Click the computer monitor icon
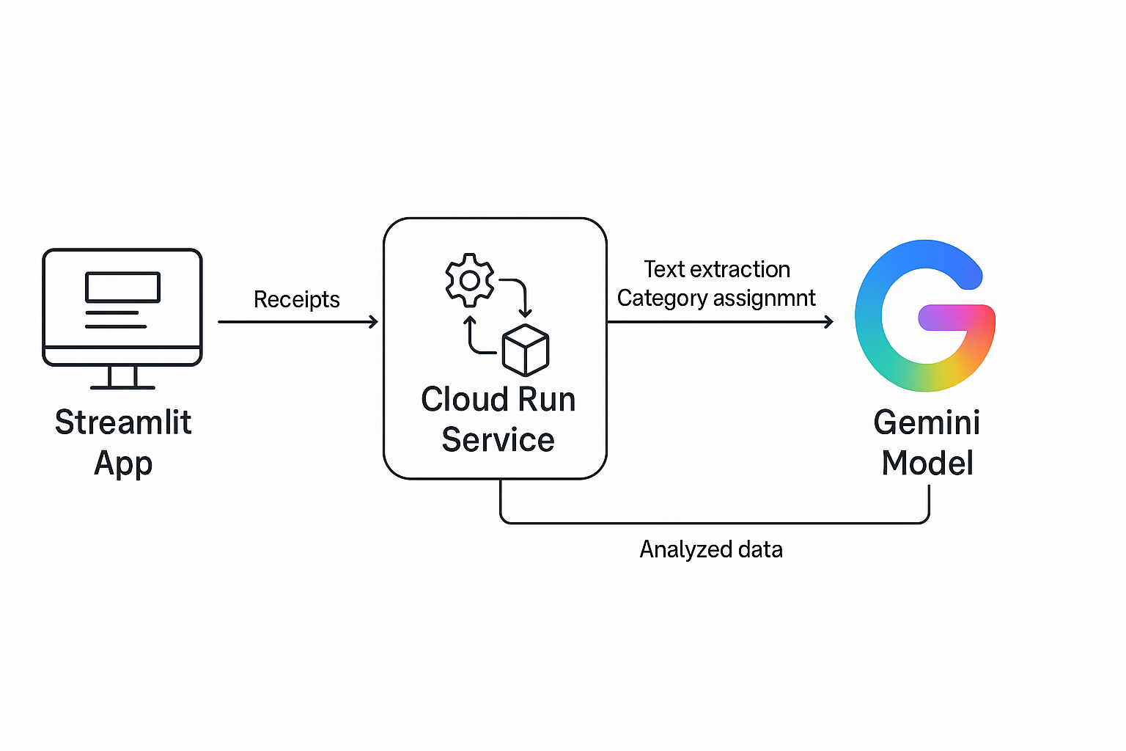coord(122,308)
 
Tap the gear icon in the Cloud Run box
coord(470,280)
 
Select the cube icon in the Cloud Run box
coord(526,349)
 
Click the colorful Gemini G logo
coord(924,315)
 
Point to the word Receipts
coord(296,299)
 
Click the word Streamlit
coord(123,423)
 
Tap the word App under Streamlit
coord(123,464)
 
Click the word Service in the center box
coord(498,440)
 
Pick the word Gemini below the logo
coord(927,423)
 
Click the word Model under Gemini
coord(927,464)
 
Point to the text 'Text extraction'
coord(716,269)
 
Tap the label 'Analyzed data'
coord(710,549)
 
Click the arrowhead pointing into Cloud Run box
coord(374,321)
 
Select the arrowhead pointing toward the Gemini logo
coord(829,321)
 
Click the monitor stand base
coord(122,387)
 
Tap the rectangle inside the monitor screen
coord(122,287)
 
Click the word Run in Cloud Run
coord(546,400)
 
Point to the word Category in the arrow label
coord(662,298)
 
